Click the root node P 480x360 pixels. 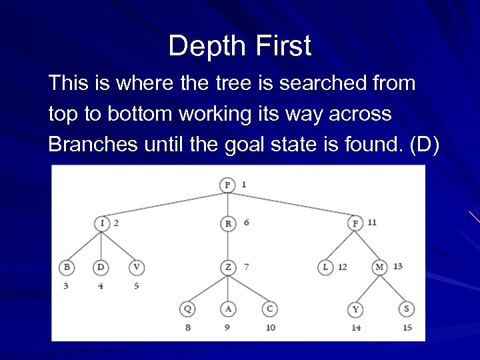pyautogui.click(x=228, y=185)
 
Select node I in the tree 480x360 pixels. pyautogui.click(x=102, y=223)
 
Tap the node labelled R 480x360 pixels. pyautogui.click(x=228, y=223)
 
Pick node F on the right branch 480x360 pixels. pyautogui.click(x=356, y=223)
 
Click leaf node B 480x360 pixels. pyautogui.click(x=67, y=267)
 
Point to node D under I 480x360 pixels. pyautogui.click(x=101, y=267)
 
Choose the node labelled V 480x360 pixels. pyautogui.click(x=137, y=267)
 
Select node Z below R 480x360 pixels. pyautogui.click(x=228, y=267)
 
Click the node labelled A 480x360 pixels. pyautogui.click(x=228, y=309)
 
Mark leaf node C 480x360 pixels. pyautogui.click(x=269, y=309)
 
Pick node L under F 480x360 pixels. pyautogui.click(x=325, y=267)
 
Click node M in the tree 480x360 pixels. pyautogui.click(x=380, y=267)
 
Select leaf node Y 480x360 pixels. pyautogui.click(x=355, y=310)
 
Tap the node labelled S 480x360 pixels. pyautogui.click(x=406, y=310)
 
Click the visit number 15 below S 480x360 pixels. pyautogui.click(x=407, y=328)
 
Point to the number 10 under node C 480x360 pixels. pyautogui.click(x=270, y=328)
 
